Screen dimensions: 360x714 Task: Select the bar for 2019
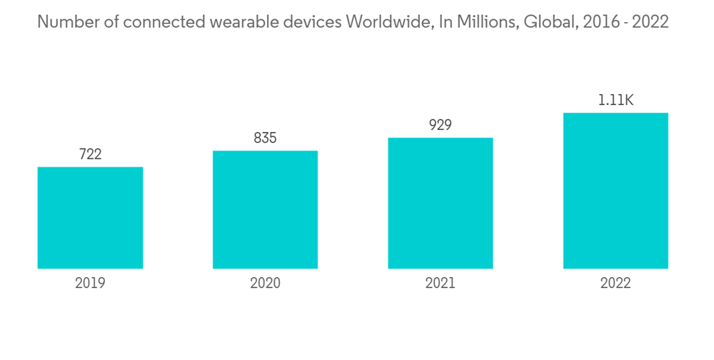(x=90, y=218)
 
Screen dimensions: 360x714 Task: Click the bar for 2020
(x=265, y=210)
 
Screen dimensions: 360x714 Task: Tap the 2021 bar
(x=441, y=203)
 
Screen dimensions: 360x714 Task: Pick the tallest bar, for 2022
(x=615, y=191)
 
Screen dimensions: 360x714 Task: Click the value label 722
(x=90, y=154)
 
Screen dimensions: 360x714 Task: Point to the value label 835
(x=265, y=138)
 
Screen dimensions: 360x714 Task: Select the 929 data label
(x=441, y=125)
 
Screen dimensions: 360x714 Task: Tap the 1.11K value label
(x=615, y=100)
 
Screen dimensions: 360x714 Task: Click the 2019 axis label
(x=90, y=284)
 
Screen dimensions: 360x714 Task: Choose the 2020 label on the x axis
(x=265, y=284)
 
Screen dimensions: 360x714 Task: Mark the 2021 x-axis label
(x=441, y=284)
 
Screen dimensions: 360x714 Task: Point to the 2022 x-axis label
(x=615, y=284)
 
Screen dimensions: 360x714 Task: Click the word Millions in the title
(x=486, y=22)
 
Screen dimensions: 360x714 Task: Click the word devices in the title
(x=306, y=22)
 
